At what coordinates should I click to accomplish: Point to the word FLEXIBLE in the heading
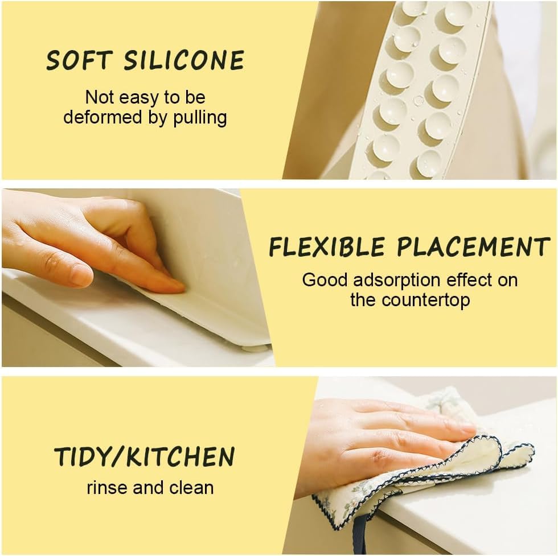pyautogui.click(x=326, y=248)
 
